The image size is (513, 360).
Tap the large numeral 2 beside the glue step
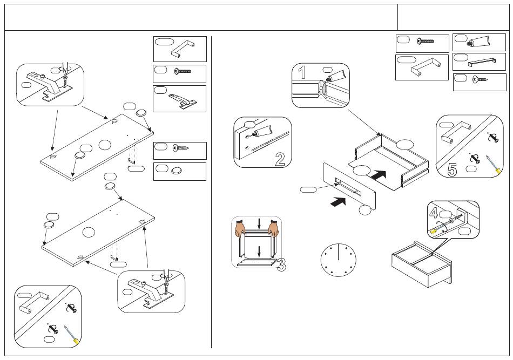[280, 159]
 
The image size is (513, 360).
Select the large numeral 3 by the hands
[281, 265]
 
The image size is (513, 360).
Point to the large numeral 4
[434, 213]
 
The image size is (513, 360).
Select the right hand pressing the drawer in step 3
[274, 229]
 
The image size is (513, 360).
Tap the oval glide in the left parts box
[177, 171]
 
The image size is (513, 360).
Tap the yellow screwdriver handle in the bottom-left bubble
[76, 341]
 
